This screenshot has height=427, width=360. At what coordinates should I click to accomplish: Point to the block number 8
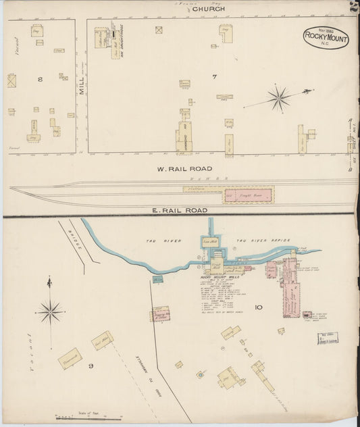coord(40,80)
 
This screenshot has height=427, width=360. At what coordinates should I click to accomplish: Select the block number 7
coord(213,77)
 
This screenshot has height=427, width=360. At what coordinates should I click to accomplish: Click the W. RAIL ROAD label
coord(184,168)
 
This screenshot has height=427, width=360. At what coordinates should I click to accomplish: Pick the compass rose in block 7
coord(278,98)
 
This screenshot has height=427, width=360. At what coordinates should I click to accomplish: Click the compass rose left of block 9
coord(51,311)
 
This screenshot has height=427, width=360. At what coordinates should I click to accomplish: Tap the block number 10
coord(258,307)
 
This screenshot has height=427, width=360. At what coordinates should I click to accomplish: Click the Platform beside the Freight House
coord(195,190)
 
